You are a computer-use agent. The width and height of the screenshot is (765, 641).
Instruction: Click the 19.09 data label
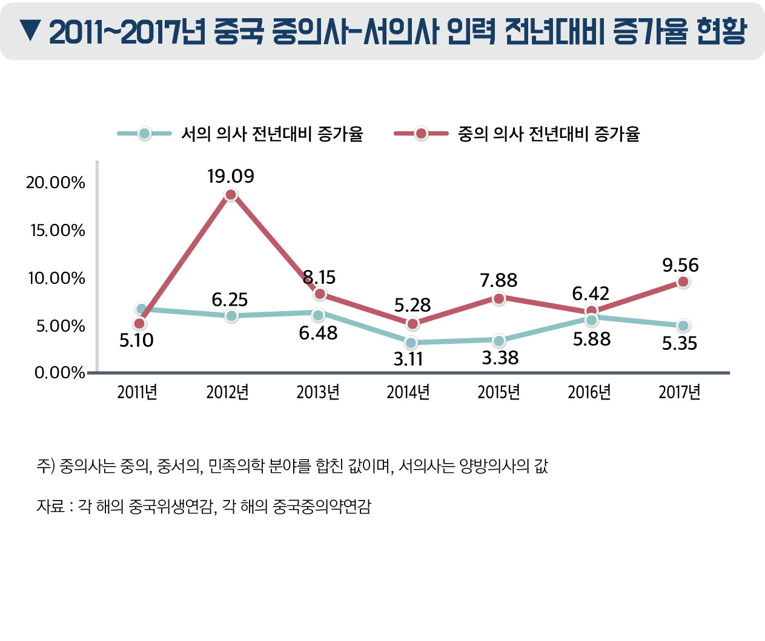tap(230, 176)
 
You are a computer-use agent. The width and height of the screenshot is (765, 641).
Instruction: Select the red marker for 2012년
tap(230, 194)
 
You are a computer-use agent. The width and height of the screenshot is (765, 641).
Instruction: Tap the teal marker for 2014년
tap(411, 343)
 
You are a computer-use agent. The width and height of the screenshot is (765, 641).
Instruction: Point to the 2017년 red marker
tap(683, 281)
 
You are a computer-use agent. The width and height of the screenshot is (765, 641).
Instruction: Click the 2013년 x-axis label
tap(318, 392)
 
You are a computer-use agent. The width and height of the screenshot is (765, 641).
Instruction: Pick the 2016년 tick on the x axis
tap(589, 392)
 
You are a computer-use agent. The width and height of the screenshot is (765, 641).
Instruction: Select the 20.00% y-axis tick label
tap(56, 182)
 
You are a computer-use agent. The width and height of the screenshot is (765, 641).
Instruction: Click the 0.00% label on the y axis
tap(60, 372)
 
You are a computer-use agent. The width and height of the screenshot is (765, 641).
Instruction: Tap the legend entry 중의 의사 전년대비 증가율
tap(548, 134)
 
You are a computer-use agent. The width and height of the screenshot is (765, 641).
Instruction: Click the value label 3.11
tap(408, 360)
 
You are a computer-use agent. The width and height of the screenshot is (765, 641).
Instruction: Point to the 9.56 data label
tap(680, 265)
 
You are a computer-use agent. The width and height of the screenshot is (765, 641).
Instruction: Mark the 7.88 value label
tap(498, 280)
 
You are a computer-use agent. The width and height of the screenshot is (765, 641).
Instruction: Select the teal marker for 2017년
tap(683, 326)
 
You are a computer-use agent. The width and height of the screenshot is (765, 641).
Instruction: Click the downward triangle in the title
tap(30, 30)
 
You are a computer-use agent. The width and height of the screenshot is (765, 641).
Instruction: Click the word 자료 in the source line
tap(50, 506)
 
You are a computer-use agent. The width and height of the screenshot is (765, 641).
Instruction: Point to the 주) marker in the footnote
tap(45, 466)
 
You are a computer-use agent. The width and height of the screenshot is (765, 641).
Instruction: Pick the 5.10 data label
tap(136, 341)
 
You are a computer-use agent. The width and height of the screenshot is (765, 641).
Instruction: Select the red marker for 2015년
tap(498, 298)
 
